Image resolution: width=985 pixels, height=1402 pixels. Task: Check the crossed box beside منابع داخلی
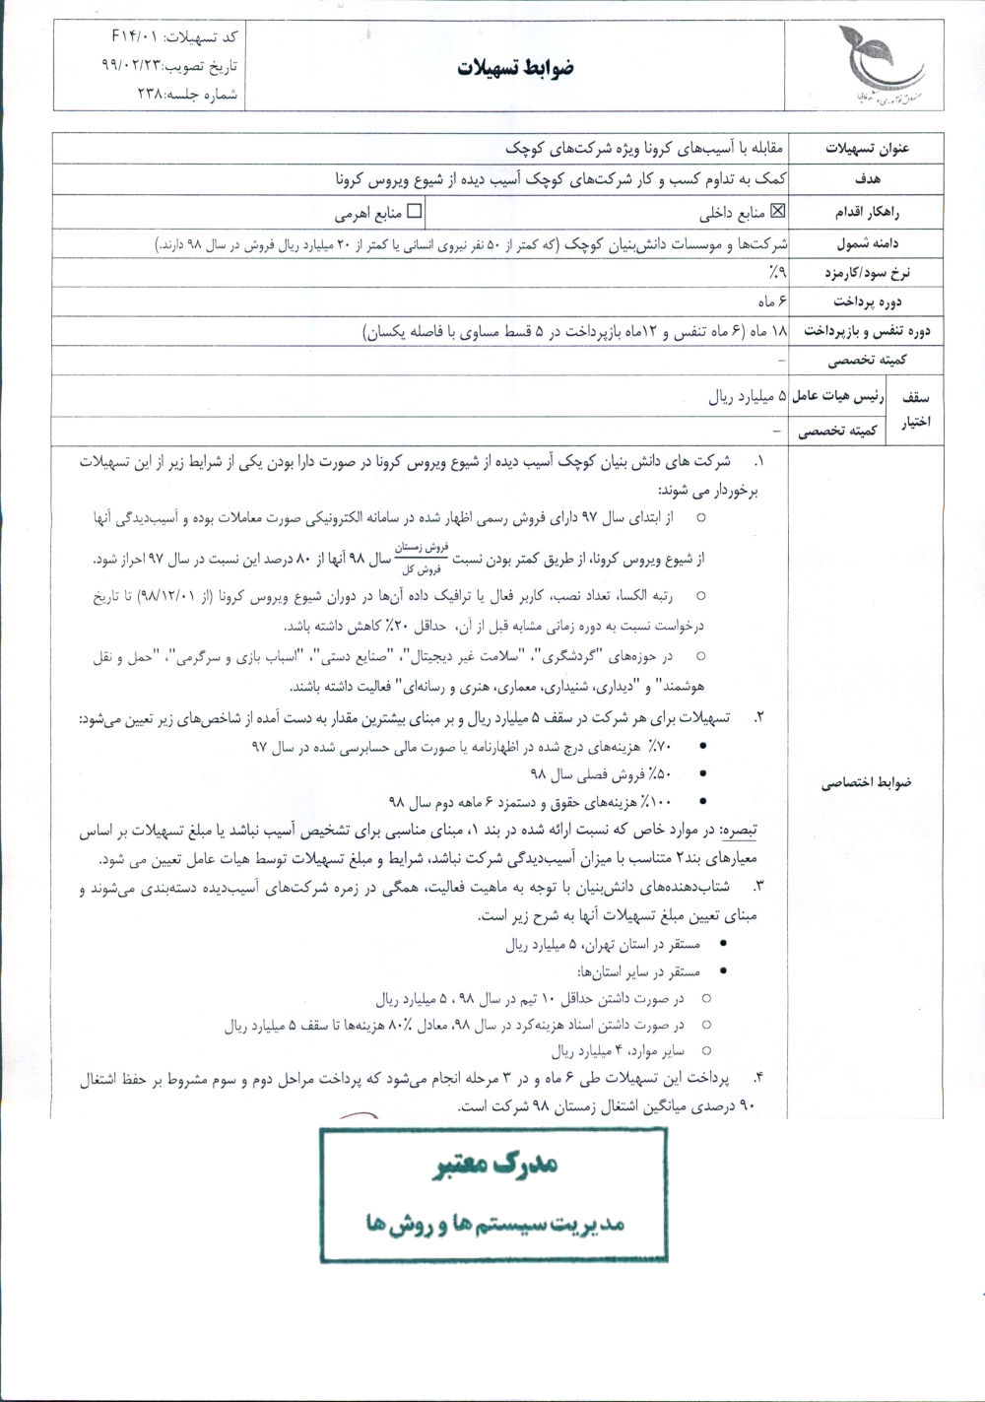pyautogui.click(x=777, y=209)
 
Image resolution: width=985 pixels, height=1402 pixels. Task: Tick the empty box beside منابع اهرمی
pyautogui.click(x=414, y=209)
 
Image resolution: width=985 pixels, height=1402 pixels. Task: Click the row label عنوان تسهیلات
pyautogui.click(x=866, y=149)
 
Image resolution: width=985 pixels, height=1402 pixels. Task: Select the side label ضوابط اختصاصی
pyautogui.click(x=868, y=781)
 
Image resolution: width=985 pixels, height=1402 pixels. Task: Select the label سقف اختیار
pyautogui.click(x=916, y=411)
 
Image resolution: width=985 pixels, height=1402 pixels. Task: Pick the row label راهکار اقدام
pyautogui.click(x=868, y=211)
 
